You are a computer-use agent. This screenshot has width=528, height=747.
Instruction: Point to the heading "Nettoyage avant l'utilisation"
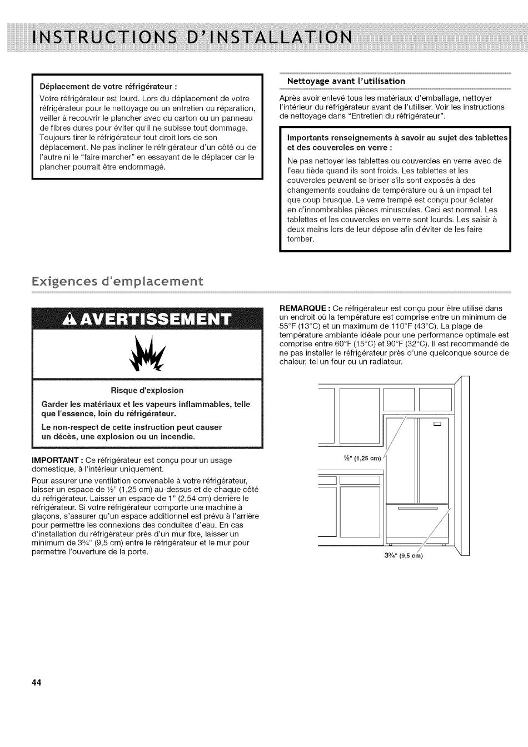(346, 81)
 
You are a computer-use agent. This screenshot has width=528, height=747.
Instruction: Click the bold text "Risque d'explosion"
(147, 390)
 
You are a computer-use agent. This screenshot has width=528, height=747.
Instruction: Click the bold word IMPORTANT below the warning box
(56, 460)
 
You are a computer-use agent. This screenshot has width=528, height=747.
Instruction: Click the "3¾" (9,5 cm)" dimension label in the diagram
(404, 556)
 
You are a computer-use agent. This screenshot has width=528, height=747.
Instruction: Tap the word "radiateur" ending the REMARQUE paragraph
(385, 362)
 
